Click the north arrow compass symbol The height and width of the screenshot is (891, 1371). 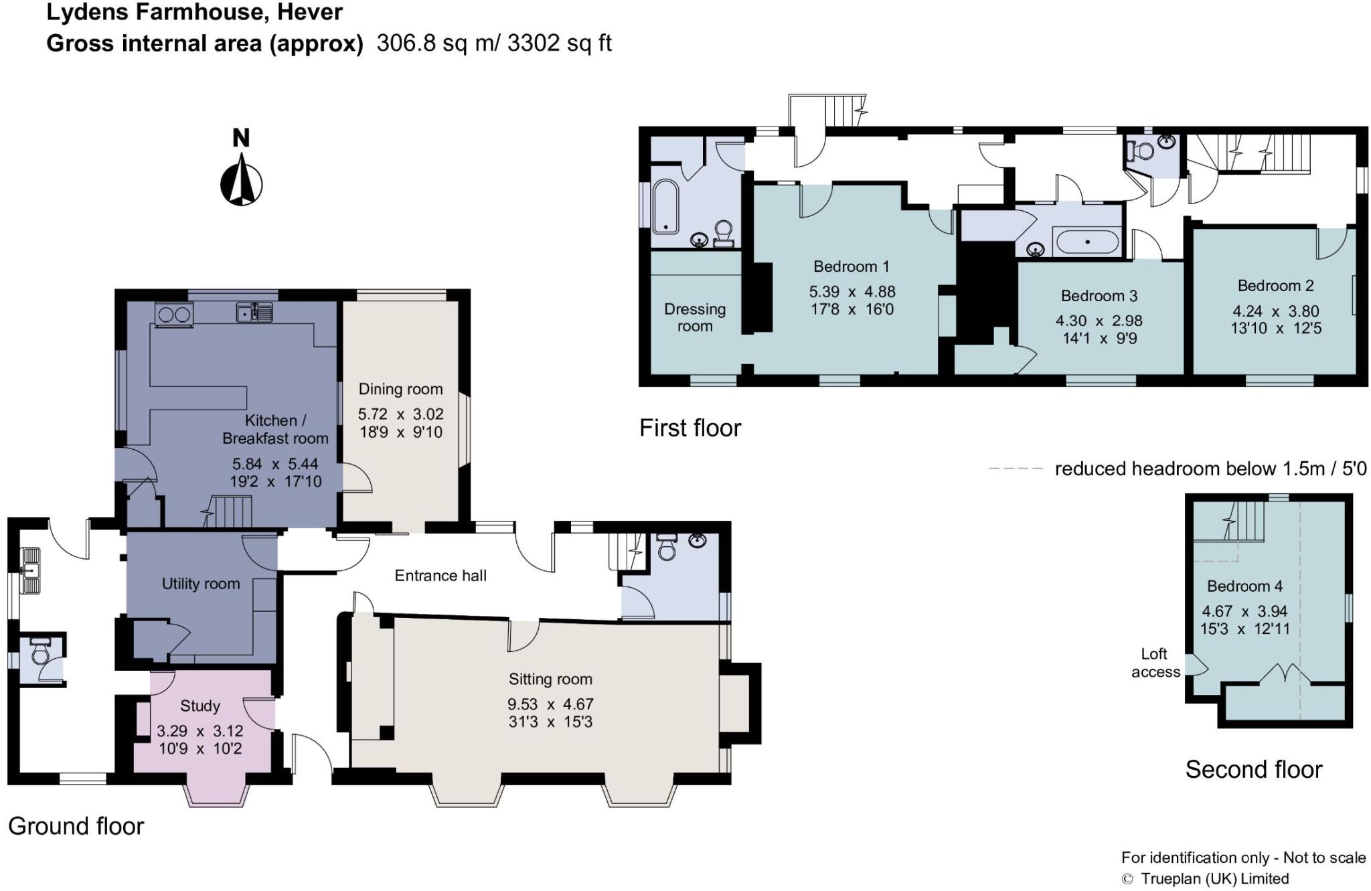click(x=241, y=179)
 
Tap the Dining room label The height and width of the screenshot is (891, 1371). click(x=400, y=389)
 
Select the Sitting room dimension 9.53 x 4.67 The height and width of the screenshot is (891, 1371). click(x=550, y=704)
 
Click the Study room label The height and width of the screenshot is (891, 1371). click(x=200, y=706)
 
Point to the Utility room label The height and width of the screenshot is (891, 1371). click(x=201, y=584)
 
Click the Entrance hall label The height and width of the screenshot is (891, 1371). click(x=440, y=576)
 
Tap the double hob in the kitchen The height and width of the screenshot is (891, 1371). click(x=174, y=314)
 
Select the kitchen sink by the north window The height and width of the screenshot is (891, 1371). click(x=254, y=312)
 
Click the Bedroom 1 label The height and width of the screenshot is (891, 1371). click(x=852, y=266)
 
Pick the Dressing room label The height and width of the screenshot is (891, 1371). click(x=695, y=317)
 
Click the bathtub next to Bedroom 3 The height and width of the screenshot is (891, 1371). click(x=1086, y=242)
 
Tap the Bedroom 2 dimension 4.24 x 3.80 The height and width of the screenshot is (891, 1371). click(x=1276, y=311)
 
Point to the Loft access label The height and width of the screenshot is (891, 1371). click(x=1155, y=663)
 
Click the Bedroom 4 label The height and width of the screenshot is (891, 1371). click(x=1244, y=586)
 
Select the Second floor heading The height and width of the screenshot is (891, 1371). click(x=1254, y=770)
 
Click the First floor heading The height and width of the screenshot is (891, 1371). click(x=690, y=428)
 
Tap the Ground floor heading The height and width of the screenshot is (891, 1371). click(x=76, y=827)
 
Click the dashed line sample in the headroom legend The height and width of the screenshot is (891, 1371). click(x=1016, y=469)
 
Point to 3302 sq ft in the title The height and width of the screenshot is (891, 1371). click(x=560, y=44)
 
